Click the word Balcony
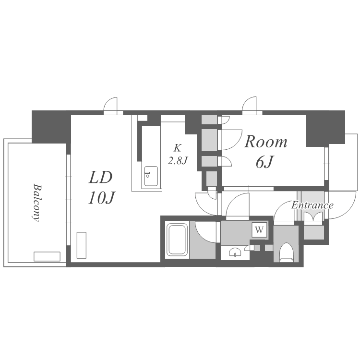(x=35, y=201)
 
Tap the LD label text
(x=100, y=178)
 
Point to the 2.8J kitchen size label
(x=177, y=161)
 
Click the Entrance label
(x=312, y=205)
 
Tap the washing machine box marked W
(x=259, y=230)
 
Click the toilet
(x=286, y=252)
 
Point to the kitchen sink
(x=150, y=175)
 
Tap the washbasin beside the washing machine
(x=235, y=252)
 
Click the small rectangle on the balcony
(x=47, y=256)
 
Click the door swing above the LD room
(x=111, y=106)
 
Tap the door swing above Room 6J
(x=252, y=106)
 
